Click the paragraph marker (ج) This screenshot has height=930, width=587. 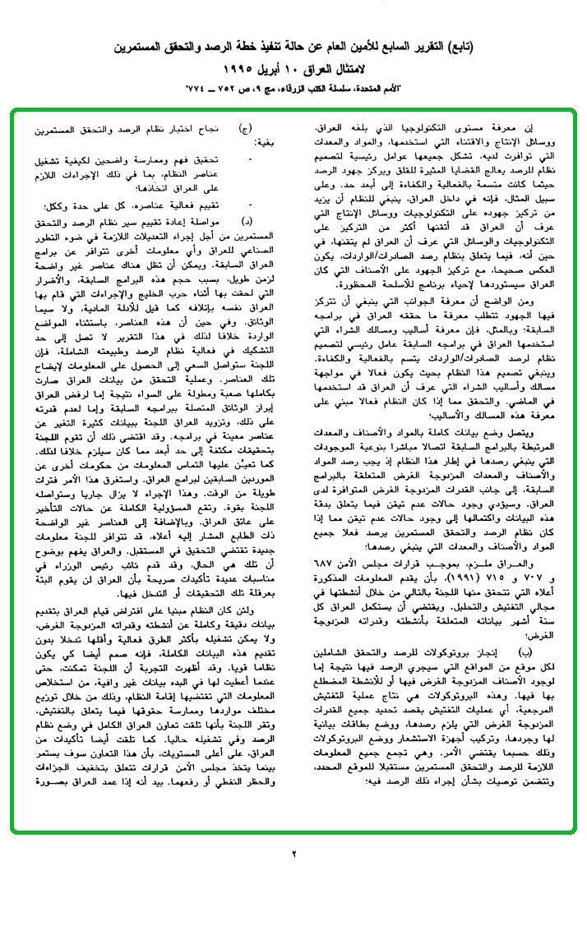(245, 130)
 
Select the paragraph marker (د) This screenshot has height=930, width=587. (246, 223)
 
